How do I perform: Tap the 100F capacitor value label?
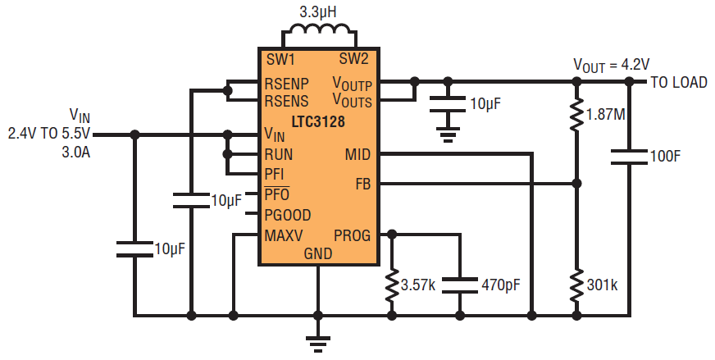[666, 156]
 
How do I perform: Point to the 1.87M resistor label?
[605, 115]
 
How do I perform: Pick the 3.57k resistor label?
[420, 285]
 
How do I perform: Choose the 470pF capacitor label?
[499, 285]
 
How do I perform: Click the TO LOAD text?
[681, 82]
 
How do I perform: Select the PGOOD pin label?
[287, 216]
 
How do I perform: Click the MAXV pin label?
[284, 235]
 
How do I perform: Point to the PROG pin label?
[352, 235]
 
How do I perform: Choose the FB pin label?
[362, 184]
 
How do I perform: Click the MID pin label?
[357, 153]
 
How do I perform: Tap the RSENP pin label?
[286, 84]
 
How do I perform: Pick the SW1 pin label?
[280, 59]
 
